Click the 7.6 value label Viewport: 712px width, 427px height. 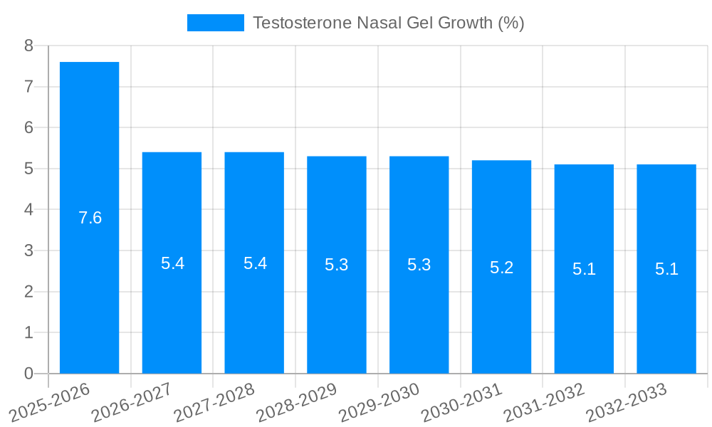[x=90, y=218]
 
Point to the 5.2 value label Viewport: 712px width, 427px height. [x=501, y=268]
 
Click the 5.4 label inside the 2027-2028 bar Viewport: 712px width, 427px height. [x=255, y=263]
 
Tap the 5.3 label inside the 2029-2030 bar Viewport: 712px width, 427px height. [x=419, y=265]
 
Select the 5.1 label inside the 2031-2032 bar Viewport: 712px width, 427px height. [x=584, y=269]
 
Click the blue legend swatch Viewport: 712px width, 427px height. [x=215, y=23]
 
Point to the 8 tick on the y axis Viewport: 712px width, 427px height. [x=28, y=46]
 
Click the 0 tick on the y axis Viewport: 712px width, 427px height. [x=28, y=374]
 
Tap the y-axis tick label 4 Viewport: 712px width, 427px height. [x=28, y=210]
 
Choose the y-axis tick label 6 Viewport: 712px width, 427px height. [x=28, y=128]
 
